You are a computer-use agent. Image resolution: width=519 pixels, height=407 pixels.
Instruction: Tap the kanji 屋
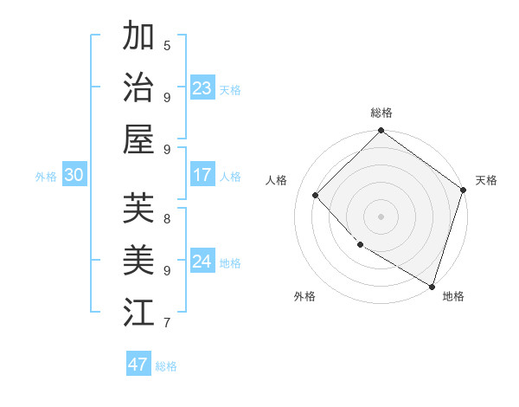[138, 138]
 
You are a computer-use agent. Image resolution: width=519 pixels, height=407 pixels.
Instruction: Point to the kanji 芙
[138, 208]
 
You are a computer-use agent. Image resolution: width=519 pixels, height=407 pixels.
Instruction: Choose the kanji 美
[138, 259]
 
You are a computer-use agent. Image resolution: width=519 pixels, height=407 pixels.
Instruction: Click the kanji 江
[138, 310]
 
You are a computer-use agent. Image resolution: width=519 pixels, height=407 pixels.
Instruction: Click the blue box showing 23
[202, 87]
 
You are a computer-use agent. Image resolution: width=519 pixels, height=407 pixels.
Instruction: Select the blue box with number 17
[202, 175]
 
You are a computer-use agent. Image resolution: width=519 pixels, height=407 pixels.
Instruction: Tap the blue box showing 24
[202, 262]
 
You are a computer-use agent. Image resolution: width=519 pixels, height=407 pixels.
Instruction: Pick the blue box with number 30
[74, 175]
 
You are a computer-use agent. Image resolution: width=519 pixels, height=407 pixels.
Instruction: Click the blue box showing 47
[138, 364]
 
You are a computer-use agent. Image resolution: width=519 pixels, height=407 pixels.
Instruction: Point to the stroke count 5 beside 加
[167, 46]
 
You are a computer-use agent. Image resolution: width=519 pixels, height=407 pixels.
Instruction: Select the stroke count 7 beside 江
[167, 323]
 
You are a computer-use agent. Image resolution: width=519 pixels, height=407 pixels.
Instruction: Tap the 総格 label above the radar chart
[381, 113]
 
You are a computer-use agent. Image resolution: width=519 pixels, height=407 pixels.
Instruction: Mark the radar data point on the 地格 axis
[432, 285]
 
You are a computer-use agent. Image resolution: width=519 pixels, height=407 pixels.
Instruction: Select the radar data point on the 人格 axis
[316, 195]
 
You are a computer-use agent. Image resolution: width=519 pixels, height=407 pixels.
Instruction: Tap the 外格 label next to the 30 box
[46, 176]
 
